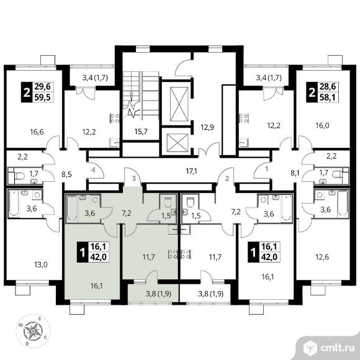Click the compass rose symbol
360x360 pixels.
pyautogui.click(x=33, y=331)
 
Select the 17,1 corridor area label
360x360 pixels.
pyautogui.click(x=192, y=171)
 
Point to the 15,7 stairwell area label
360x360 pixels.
pyautogui.click(x=141, y=132)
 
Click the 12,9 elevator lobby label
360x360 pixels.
pyautogui.click(x=207, y=127)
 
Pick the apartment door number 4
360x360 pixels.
pyautogui.click(x=93, y=170)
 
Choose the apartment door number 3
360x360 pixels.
pyautogui.click(x=134, y=178)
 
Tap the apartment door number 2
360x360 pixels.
pyautogui.click(x=227, y=178)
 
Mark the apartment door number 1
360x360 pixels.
pyautogui.click(x=266, y=169)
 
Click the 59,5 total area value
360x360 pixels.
pyautogui.click(x=43, y=97)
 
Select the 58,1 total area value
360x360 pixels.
pyautogui.click(x=327, y=97)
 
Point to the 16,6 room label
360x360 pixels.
pyautogui.click(x=37, y=132)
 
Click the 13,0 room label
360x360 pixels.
pyautogui.click(x=40, y=265)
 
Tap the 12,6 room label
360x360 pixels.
pyautogui.click(x=322, y=257)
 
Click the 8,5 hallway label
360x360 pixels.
pyautogui.click(x=66, y=174)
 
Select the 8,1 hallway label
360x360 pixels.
pyautogui.click(x=295, y=173)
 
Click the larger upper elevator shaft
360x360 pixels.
pyautogui.click(x=179, y=104)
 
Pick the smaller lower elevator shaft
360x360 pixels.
pyautogui.click(x=178, y=143)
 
